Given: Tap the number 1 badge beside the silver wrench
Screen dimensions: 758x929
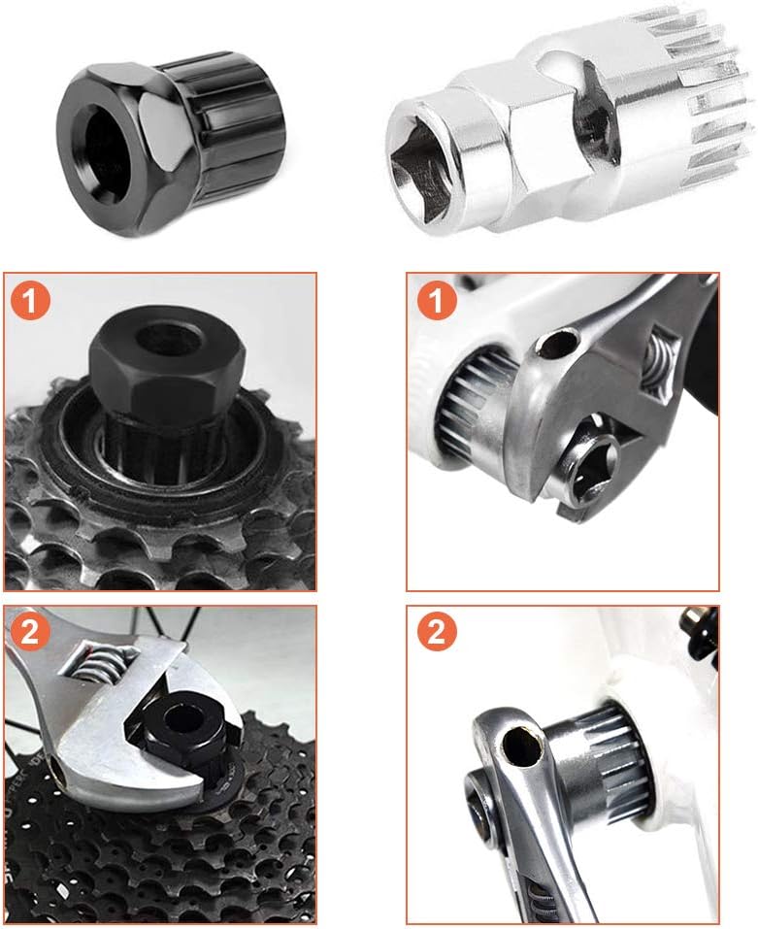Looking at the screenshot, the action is (437, 300).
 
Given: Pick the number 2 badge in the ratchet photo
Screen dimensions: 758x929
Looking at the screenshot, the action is (437, 632).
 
